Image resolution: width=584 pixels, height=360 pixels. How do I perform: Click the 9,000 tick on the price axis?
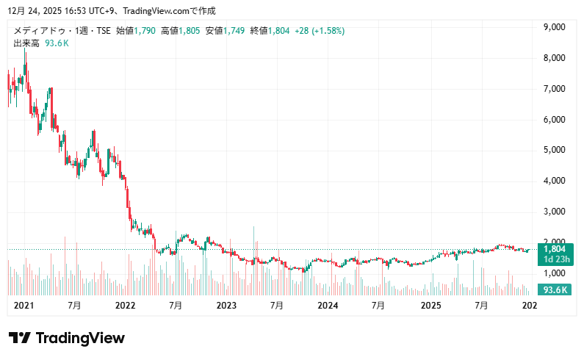pos(553,27)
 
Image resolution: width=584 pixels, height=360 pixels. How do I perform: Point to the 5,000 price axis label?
pos(553,150)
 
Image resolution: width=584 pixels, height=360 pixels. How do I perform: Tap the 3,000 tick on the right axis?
pos(553,212)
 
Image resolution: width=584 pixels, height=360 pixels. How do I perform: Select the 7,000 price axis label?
pos(553,89)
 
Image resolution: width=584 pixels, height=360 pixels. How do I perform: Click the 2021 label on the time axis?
pos(24,305)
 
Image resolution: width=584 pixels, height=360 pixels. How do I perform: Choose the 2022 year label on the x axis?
pos(126,305)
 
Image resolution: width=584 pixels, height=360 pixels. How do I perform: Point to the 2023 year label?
pos(226,305)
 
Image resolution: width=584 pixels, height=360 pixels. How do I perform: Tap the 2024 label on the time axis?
pos(327,305)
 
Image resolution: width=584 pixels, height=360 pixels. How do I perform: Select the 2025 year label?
pos(429,305)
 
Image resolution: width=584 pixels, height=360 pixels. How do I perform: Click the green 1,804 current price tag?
pos(555,249)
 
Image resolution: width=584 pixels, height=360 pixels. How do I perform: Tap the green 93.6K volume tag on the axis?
pos(555,289)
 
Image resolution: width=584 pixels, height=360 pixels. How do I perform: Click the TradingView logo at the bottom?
pos(67,338)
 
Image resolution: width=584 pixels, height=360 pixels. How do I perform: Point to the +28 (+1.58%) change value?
pos(320,31)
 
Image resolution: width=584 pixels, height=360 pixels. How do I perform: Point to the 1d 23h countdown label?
pos(555,259)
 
